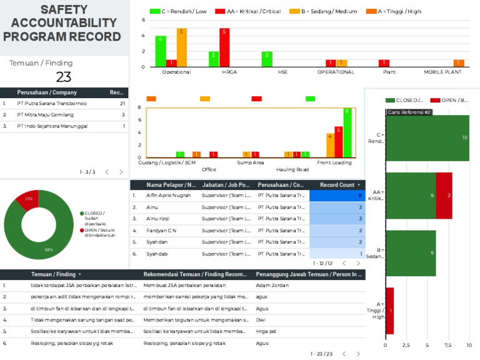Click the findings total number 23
click(x=64, y=77)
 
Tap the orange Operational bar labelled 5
click(x=182, y=47)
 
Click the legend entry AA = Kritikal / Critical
click(x=248, y=11)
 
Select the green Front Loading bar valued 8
click(x=347, y=132)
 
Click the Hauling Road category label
click(x=292, y=169)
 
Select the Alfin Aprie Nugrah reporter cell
click(x=169, y=196)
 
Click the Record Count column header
click(x=337, y=185)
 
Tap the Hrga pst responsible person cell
click(x=267, y=331)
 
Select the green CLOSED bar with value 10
click(x=427, y=138)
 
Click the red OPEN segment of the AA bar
click(x=444, y=196)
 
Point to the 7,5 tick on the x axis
click(x=447, y=344)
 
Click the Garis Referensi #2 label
click(x=409, y=112)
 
